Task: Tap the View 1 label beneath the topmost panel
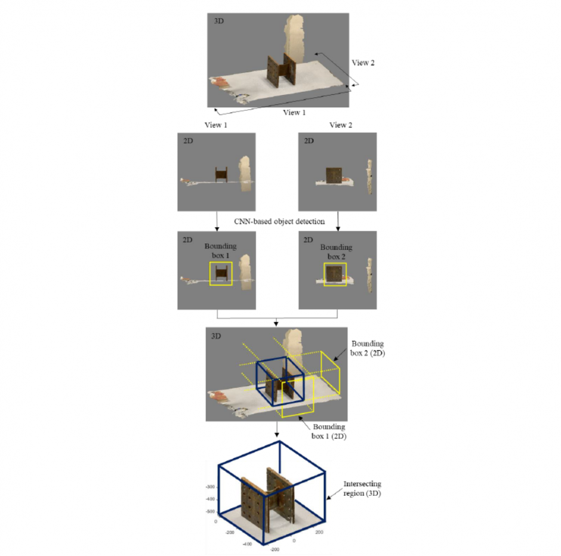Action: (x=295, y=113)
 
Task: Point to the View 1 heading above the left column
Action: (x=215, y=125)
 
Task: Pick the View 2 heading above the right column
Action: (x=341, y=125)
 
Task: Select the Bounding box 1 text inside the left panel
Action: (x=221, y=251)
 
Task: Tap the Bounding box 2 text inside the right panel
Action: (x=336, y=251)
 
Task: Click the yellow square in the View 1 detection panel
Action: (x=221, y=273)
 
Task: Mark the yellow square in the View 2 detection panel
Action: (x=335, y=274)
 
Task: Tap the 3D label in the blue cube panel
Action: (x=216, y=336)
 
